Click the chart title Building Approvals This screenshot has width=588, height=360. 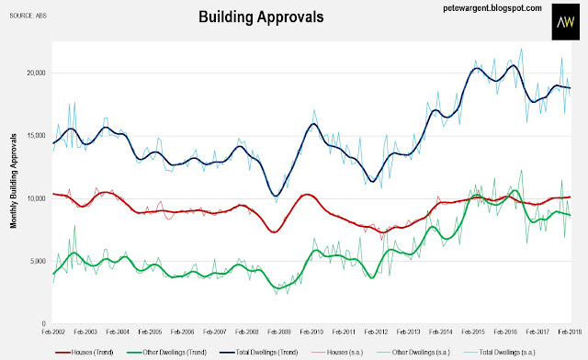point(261,17)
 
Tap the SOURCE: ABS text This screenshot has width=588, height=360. point(28,16)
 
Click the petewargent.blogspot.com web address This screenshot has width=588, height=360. point(492,8)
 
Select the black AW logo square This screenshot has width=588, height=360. point(566,22)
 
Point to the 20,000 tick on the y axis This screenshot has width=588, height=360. point(37,73)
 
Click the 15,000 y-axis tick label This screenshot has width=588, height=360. point(37,136)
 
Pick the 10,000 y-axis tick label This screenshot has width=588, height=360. point(37,198)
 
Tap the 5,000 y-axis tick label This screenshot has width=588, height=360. point(38,261)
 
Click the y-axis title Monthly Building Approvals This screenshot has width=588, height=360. point(14,181)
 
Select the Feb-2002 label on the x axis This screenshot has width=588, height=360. point(53,332)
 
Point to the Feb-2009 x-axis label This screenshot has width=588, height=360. point(279,332)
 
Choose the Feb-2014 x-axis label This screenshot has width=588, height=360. point(441,332)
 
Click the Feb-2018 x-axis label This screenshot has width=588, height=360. point(570,332)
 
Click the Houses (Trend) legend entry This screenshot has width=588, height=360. point(85,353)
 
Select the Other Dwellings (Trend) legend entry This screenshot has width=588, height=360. point(167,353)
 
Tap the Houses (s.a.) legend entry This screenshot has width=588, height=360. point(337,353)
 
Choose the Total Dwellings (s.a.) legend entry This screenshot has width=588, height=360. point(500,353)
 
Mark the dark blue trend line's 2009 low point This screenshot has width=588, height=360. point(276,196)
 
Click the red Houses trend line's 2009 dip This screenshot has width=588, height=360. point(274,232)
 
